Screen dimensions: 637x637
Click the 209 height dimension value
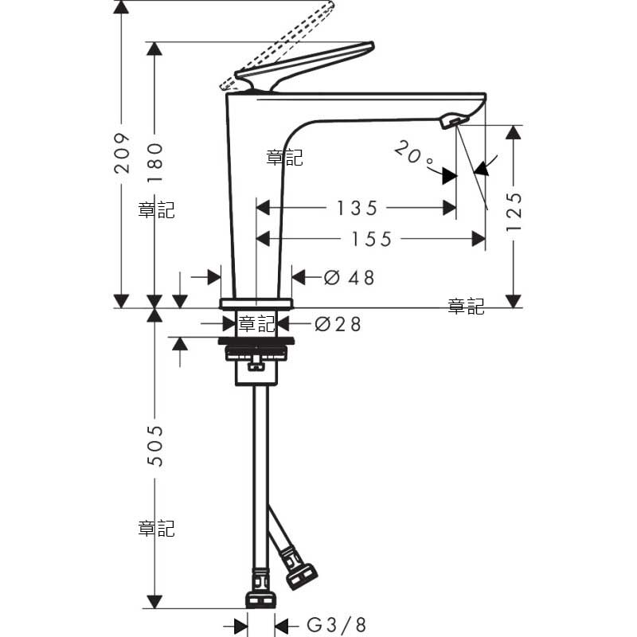tap(123, 153)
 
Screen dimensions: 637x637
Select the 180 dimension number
tap(154, 163)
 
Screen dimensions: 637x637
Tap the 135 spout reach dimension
tap(357, 208)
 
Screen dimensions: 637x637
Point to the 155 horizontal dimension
tap(372, 239)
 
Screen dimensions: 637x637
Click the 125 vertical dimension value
tap(514, 212)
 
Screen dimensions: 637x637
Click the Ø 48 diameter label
tap(349, 278)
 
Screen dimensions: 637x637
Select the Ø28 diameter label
tap(338, 324)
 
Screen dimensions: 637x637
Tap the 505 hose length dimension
tap(154, 446)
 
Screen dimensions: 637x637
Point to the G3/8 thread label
tap(337, 625)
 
